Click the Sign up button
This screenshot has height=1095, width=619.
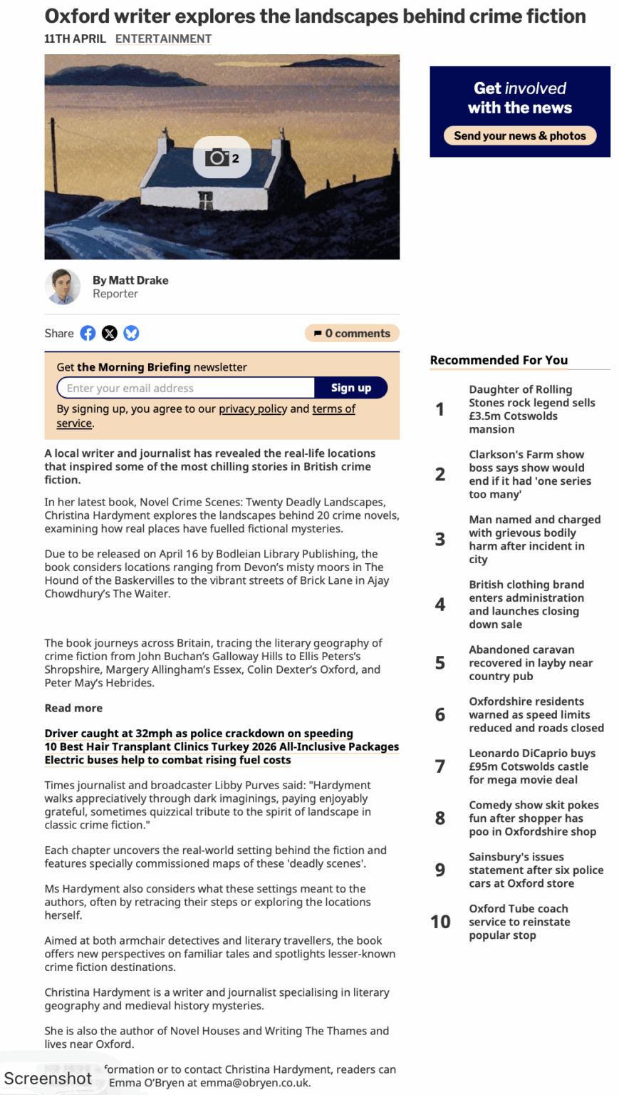click(x=350, y=388)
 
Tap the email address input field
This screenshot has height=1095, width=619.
click(x=186, y=388)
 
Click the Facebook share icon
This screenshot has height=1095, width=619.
click(x=88, y=333)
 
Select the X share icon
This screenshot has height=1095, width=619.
click(x=109, y=333)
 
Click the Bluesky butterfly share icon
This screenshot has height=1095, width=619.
click(x=131, y=333)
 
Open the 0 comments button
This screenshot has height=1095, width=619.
click(x=352, y=333)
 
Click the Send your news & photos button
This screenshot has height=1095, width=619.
click(x=519, y=135)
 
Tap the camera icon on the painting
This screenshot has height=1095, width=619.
click(x=217, y=158)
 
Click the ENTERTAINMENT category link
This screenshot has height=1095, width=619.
click(x=163, y=38)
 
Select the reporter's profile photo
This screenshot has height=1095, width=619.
click(x=63, y=287)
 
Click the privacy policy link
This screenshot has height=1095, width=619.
click(x=252, y=408)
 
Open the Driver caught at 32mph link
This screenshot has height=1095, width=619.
click(x=199, y=733)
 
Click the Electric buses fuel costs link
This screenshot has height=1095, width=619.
click(x=167, y=759)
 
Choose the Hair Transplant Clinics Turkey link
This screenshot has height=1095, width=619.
click(x=222, y=746)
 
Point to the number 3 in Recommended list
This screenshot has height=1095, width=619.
click(x=440, y=540)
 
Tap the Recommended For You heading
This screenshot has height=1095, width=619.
click(x=499, y=360)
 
